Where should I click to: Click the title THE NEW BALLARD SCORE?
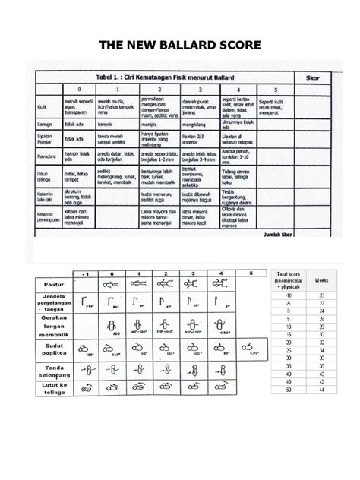[180, 46]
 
